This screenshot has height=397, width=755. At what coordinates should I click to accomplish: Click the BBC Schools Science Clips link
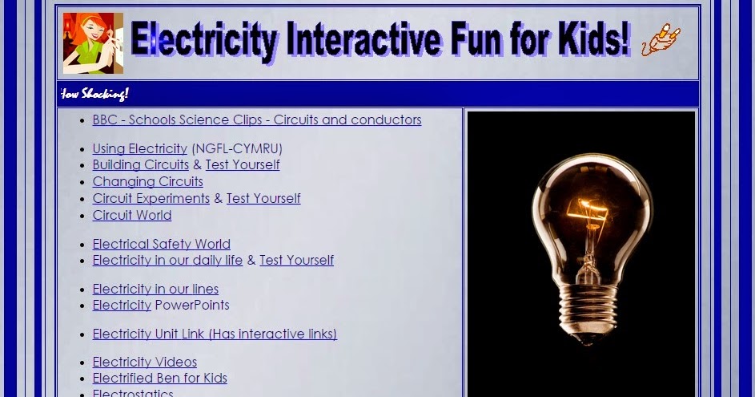pos(256,120)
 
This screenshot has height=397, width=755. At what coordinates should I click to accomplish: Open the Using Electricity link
pos(139,149)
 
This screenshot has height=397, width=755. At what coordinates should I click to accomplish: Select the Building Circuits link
pos(140,165)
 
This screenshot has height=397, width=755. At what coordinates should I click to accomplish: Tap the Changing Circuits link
pos(147,182)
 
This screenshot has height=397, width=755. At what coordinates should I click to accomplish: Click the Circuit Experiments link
pos(151,199)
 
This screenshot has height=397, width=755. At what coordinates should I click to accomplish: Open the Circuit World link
pos(131,216)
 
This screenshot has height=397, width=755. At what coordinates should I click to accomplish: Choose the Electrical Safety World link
pos(161,245)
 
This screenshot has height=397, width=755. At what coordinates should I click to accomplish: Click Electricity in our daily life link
pos(167,261)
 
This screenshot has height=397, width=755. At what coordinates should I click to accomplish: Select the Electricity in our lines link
pos(155,290)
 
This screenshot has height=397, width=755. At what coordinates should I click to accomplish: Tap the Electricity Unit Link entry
pos(215,334)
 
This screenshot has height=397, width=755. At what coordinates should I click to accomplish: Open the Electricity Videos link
pos(144,363)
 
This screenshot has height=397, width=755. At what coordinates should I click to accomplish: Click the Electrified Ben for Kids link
pos(159,379)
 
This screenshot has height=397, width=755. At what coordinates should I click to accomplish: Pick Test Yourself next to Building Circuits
pos(243,165)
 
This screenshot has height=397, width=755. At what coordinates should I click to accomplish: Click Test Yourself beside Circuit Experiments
pos(263,199)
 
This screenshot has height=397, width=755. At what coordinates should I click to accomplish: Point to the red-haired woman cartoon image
pos(93,43)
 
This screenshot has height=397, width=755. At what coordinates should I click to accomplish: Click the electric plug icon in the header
pos(661,40)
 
